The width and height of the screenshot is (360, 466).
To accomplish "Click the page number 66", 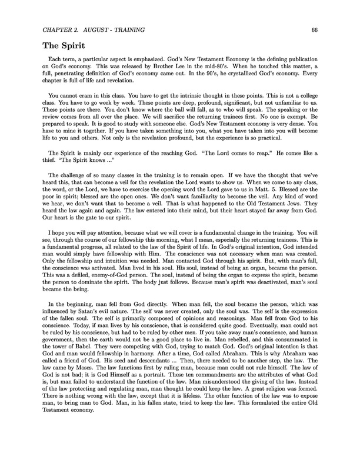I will (315, 29).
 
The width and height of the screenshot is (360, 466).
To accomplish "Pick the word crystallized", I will (248, 84).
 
